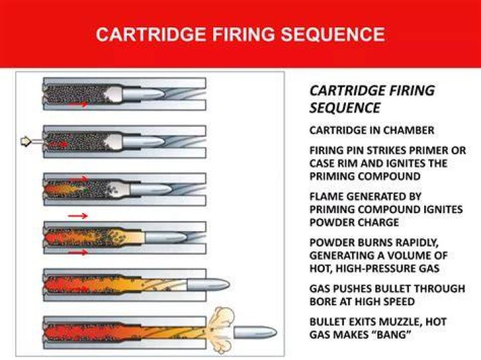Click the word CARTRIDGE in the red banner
(x=151, y=34)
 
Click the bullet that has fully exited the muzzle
(x=255, y=333)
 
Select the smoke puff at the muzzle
(x=221, y=331)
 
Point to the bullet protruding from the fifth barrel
(x=208, y=285)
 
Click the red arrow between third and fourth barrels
(x=77, y=216)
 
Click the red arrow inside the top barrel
(x=78, y=104)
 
